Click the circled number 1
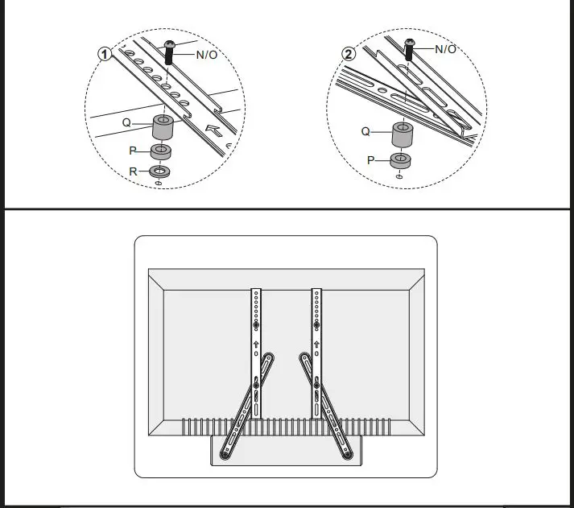pyautogui.click(x=104, y=53)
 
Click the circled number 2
pyautogui.click(x=348, y=55)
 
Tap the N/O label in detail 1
pyautogui.click(x=206, y=54)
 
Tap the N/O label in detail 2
pyautogui.click(x=445, y=49)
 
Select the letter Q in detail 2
pyautogui.click(x=365, y=130)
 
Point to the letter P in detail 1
pyautogui.click(x=134, y=150)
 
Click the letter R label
pyautogui.click(x=134, y=171)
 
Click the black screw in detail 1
pyautogui.click(x=169, y=52)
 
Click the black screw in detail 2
pyautogui.click(x=408, y=49)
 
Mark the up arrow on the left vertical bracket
pyautogui.click(x=256, y=344)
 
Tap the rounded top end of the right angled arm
pyautogui.click(x=304, y=357)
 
